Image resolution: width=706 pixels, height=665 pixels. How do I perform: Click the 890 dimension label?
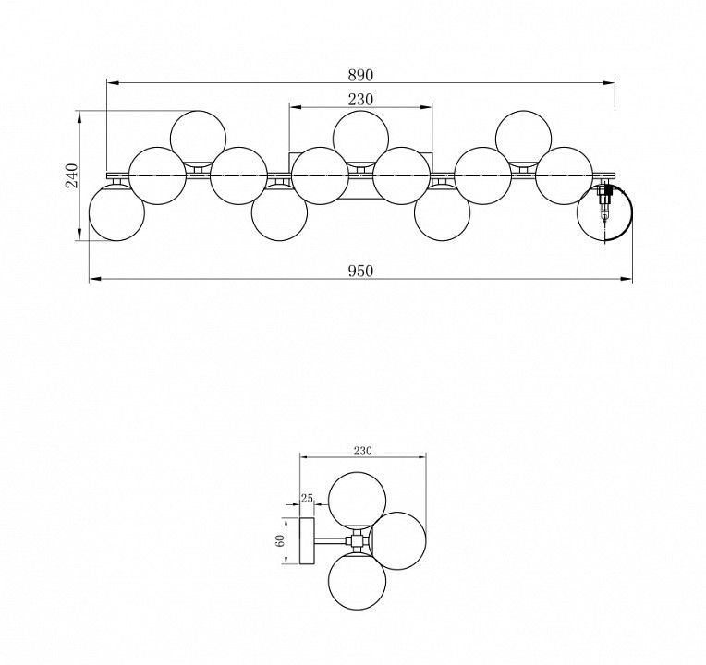(360, 75)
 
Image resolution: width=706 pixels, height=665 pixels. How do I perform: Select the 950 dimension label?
(360, 271)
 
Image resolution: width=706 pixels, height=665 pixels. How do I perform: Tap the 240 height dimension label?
(71, 175)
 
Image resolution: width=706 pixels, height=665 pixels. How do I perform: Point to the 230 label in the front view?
(360, 99)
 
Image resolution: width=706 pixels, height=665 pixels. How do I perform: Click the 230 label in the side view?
(362, 451)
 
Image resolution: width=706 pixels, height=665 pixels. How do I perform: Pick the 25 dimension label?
(307, 498)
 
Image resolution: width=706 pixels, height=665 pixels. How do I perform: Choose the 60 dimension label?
(280, 541)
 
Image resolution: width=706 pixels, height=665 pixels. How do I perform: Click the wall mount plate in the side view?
(307, 541)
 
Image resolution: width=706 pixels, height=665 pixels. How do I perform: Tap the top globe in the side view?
(357, 501)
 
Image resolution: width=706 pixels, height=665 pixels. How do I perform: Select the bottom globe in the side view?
(357, 581)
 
